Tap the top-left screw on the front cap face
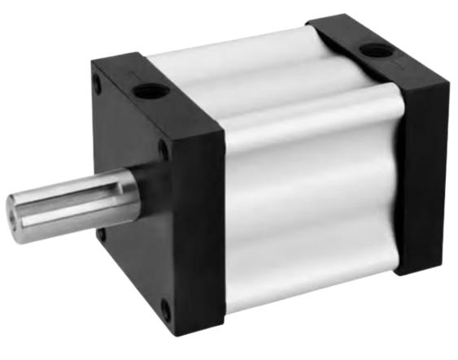pos(98,83)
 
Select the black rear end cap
pos(423,163)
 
